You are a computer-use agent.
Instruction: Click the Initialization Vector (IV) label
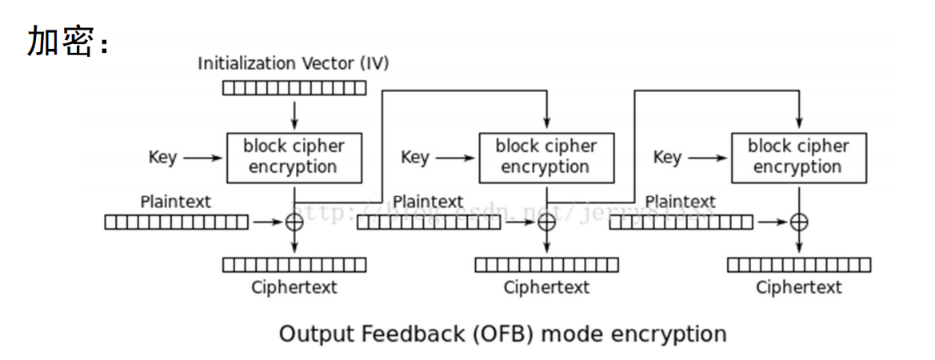tap(293, 63)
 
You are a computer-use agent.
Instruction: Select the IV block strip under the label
tap(294, 88)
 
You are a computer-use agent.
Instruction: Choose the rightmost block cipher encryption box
tap(797, 157)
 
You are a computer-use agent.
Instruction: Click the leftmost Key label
tap(162, 158)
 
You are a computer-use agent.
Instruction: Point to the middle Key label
tap(414, 158)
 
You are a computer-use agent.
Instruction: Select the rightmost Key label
tap(667, 158)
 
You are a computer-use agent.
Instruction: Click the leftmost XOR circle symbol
tap(294, 222)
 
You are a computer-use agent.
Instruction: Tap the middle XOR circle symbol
tap(546, 222)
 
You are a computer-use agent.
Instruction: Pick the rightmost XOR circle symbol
tap(798, 222)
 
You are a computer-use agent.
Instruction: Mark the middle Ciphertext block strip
tap(546, 265)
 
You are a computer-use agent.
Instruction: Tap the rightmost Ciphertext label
tap(798, 287)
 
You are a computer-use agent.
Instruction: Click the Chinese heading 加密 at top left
tap(61, 41)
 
